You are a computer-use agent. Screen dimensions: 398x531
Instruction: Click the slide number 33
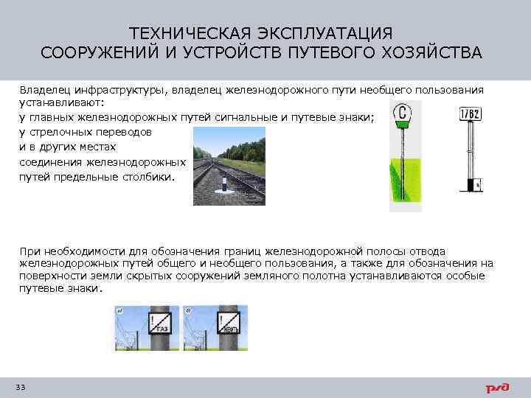click(x=20, y=388)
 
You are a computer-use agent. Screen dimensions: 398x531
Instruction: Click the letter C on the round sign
click(x=403, y=114)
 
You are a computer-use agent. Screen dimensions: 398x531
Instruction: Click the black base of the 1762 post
click(x=471, y=184)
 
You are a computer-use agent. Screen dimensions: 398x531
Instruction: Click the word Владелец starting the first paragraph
click(x=44, y=90)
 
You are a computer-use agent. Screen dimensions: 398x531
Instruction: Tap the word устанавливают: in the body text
click(x=62, y=104)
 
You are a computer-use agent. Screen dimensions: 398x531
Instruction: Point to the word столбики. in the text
click(x=150, y=176)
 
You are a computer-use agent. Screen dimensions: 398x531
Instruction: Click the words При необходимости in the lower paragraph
click(x=70, y=251)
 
